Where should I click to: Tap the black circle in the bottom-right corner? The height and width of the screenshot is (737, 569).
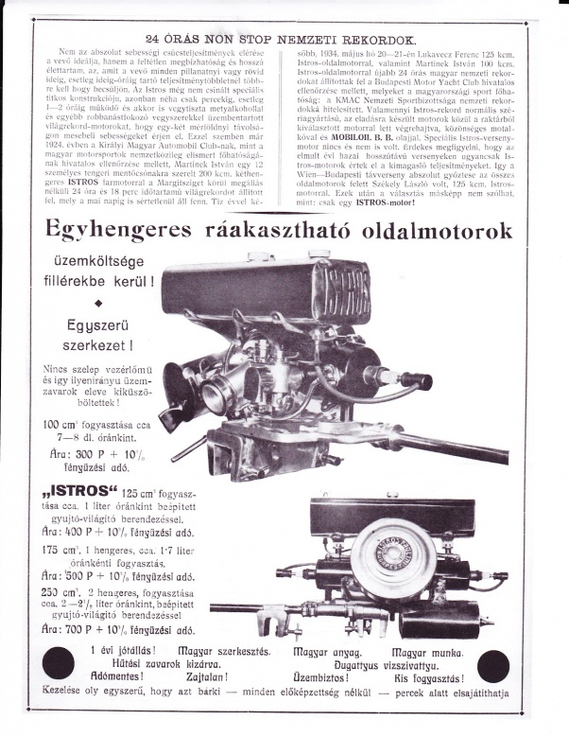click(499, 667)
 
